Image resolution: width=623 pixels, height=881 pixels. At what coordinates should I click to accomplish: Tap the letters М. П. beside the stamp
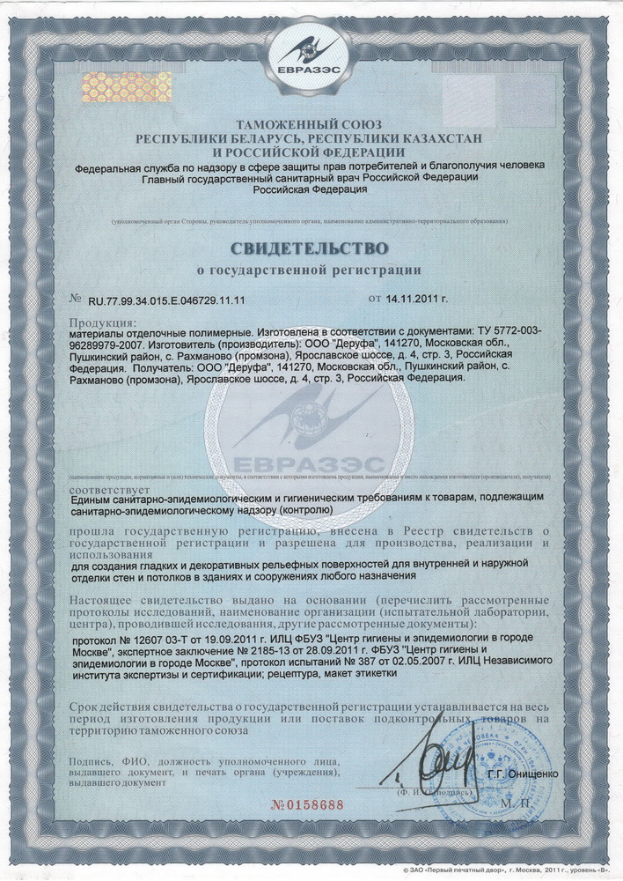532,804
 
